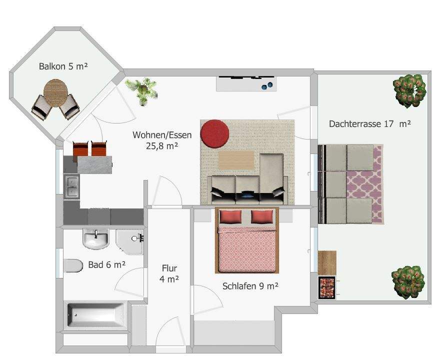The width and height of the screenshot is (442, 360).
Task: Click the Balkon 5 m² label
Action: click(63, 66)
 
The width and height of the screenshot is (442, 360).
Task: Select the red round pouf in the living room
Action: click(215, 133)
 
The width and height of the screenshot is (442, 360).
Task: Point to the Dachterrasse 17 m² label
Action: click(369, 123)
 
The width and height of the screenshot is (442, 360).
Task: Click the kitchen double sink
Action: click(71, 186)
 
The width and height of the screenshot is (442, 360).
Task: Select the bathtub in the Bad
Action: click(96, 314)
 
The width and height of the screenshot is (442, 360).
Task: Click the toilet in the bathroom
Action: click(73, 265)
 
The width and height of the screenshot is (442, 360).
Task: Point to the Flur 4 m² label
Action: click(169, 273)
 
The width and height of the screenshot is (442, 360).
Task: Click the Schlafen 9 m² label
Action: click(250, 286)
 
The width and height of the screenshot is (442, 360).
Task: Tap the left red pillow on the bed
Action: click(230, 216)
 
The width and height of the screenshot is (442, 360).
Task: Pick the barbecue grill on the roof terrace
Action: click(327, 287)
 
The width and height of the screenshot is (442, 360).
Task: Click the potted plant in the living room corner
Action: click(141, 90)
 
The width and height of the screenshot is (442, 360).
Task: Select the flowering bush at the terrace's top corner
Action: click(409, 90)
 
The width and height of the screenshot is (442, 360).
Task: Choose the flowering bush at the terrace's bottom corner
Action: click(408, 282)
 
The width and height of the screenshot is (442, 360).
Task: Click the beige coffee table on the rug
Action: click(236, 160)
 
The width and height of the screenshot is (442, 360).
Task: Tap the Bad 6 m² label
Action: click(107, 264)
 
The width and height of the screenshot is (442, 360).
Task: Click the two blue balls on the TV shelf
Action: click(267, 85)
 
